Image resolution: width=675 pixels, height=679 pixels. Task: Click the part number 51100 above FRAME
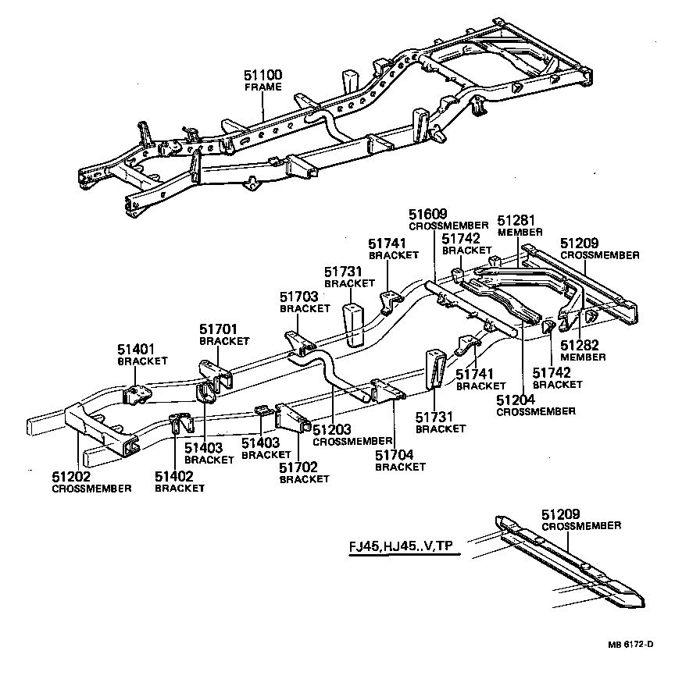pyautogui.click(x=263, y=75)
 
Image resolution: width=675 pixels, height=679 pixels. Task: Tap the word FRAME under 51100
pyautogui.click(x=262, y=87)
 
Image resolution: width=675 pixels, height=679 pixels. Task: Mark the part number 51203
pyautogui.click(x=332, y=430)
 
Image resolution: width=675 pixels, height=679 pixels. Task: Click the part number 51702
pyautogui.click(x=299, y=467)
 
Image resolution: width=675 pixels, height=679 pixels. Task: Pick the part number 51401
pyautogui.click(x=137, y=350)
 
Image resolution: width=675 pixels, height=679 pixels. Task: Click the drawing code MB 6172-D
pyautogui.click(x=631, y=644)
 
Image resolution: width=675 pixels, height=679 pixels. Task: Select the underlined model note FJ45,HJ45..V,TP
pyautogui.click(x=400, y=546)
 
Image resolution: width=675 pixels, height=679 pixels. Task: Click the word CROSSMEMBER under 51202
pyautogui.click(x=91, y=488)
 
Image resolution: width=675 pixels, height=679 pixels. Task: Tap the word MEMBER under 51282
pyautogui.click(x=583, y=357)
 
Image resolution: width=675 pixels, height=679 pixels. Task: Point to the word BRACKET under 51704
pyautogui.click(x=400, y=467)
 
